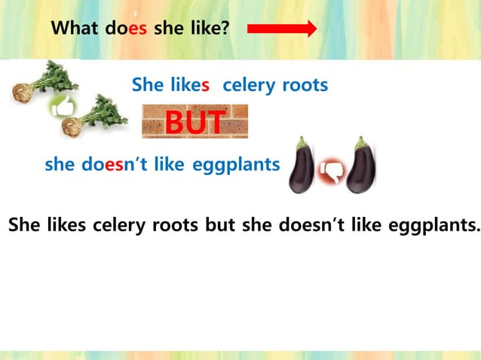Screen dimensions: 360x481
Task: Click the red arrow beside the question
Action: tap(281, 29)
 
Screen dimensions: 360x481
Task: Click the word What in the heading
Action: tap(74, 29)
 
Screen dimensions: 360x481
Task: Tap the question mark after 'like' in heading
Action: tap(225, 29)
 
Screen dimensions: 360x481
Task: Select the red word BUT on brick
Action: tap(195, 123)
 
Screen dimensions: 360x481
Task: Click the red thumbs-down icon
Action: tap(332, 171)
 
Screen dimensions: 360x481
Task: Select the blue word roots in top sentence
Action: tap(305, 85)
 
